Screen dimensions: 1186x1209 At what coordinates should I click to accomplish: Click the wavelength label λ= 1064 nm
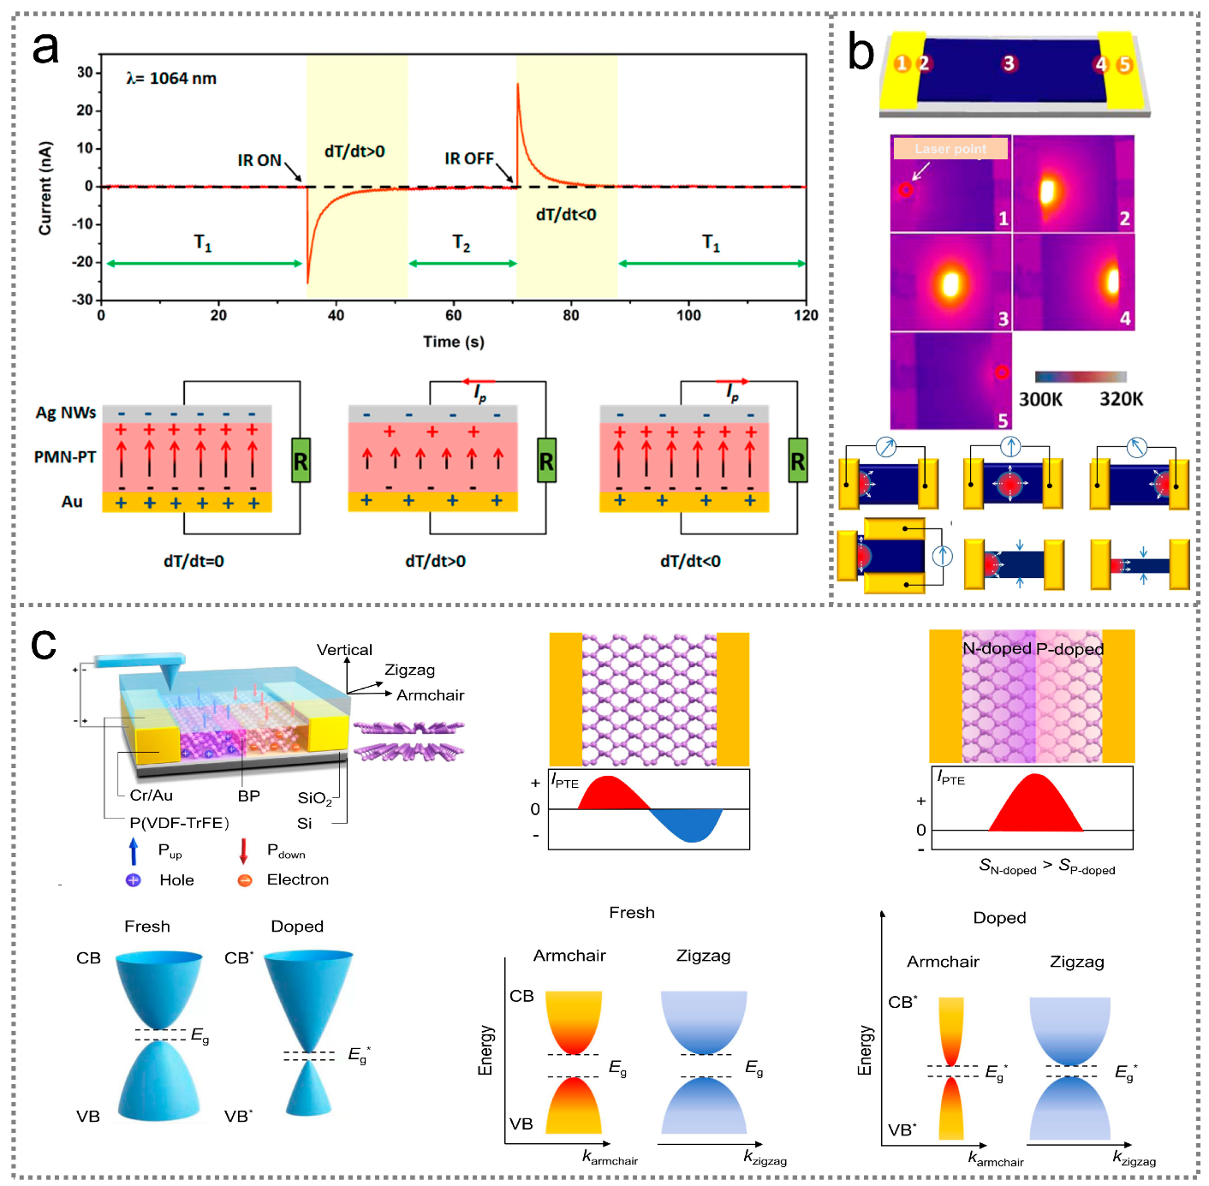pos(171,79)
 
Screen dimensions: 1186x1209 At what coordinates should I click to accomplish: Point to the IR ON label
pos(259,160)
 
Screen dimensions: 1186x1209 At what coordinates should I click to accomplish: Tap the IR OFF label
pos(468,158)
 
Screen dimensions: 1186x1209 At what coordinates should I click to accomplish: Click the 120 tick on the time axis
pos(805,315)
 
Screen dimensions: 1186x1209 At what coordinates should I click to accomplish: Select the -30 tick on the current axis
pos(83,300)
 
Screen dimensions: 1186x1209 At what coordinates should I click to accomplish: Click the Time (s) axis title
pos(453,342)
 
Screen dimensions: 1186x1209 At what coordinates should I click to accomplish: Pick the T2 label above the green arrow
pos(462,244)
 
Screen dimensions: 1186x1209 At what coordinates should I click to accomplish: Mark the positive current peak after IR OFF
pos(518,86)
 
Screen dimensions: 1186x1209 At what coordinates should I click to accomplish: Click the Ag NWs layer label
pos(66,413)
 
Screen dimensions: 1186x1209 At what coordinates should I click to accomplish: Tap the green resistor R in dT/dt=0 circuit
pos(301,461)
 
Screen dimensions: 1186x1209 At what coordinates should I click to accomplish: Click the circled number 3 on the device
pos(1009,63)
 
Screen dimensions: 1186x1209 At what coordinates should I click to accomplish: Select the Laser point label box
pos(950,149)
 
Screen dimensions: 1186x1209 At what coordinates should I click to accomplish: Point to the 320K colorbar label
pos(1121,399)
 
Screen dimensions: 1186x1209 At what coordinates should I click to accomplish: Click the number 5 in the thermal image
pos(1003,420)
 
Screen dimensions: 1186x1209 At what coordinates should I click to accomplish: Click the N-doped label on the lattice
pos(997,648)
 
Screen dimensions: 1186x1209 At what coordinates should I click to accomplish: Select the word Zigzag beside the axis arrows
pos(409,670)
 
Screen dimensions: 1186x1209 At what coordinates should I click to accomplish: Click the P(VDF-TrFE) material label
pos(179,823)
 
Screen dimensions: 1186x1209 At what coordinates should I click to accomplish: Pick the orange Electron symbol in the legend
pos(245,880)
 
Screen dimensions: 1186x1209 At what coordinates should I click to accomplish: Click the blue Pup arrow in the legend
pos(134,851)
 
